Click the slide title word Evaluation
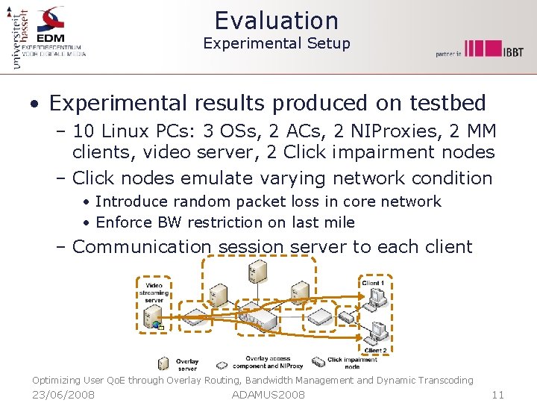(x=276, y=20)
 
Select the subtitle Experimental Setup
(x=276, y=43)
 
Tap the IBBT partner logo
(x=493, y=49)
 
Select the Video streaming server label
(x=154, y=293)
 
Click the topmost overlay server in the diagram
(x=258, y=272)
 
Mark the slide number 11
(x=498, y=394)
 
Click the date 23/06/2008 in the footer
(x=63, y=394)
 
